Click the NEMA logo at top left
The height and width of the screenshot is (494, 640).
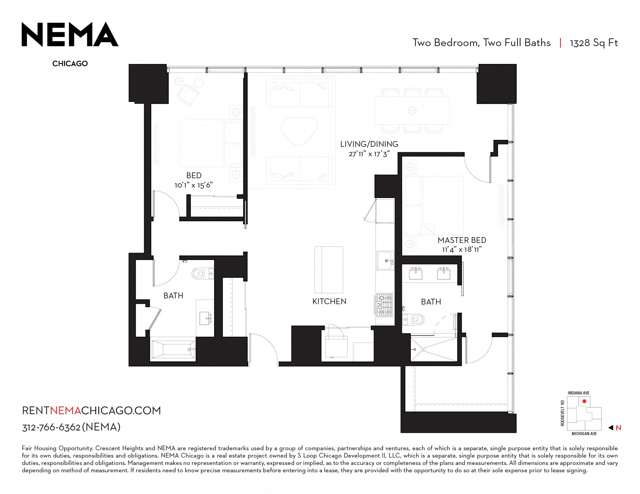point(70,34)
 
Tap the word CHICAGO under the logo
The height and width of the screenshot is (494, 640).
point(70,64)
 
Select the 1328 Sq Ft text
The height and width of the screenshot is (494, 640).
point(594,43)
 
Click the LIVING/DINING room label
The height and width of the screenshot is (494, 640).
point(369,144)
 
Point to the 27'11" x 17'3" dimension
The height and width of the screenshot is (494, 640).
point(369,154)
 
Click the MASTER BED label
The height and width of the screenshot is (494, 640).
point(462,240)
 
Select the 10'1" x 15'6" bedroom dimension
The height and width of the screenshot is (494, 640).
point(194,185)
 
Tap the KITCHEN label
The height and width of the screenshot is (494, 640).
point(329,301)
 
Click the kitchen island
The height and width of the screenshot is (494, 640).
point(329,270)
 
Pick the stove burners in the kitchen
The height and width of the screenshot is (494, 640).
point(385,305)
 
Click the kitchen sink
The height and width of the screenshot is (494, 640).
point(385,260)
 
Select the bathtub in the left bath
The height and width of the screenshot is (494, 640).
point(173,349)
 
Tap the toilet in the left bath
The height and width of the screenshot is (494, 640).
point(201,274)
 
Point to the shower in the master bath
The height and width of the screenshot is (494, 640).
point(434,349)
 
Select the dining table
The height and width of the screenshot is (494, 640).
point(412,111)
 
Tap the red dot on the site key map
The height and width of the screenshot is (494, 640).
point(584,401)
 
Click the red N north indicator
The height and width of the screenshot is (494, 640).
point(619,428)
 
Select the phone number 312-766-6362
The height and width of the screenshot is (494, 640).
point(51,427)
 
